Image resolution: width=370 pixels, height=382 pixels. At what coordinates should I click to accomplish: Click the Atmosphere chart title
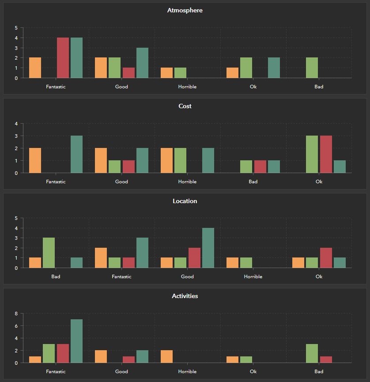[185, 10]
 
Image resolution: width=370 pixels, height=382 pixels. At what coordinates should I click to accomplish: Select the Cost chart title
[185, 106]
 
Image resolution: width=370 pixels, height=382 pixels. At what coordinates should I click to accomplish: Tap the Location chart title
[185, 201]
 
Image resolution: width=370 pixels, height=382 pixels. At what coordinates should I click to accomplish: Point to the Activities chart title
[185, 296]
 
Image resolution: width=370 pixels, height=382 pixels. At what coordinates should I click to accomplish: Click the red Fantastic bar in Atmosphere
[63, 58]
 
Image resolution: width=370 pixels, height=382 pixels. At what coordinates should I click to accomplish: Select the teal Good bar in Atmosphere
[142, 63]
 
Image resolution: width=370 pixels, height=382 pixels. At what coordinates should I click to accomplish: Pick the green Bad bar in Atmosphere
[312, 68]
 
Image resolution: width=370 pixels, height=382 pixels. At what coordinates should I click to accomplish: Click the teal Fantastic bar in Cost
[76, 154]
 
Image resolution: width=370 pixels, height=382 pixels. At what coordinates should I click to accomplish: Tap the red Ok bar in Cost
[326, 154]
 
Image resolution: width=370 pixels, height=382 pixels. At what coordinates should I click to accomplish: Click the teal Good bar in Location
[208, 248]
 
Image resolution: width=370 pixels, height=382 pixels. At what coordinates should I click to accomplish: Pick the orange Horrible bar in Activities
[166, 356]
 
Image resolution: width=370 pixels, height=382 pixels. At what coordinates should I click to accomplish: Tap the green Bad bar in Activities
[312, 353]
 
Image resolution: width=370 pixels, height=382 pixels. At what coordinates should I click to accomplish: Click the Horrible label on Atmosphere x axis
[187, 87]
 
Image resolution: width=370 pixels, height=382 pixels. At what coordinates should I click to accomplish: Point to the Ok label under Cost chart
[319, 182]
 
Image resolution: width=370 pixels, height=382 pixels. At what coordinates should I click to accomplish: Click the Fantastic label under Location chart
[121, 276]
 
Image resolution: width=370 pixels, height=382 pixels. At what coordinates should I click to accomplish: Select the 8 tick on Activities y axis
[16, 314]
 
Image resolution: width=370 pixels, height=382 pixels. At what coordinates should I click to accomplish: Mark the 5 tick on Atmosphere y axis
[16, 28]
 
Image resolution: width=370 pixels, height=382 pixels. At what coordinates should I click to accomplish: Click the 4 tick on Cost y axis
[16, 124]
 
